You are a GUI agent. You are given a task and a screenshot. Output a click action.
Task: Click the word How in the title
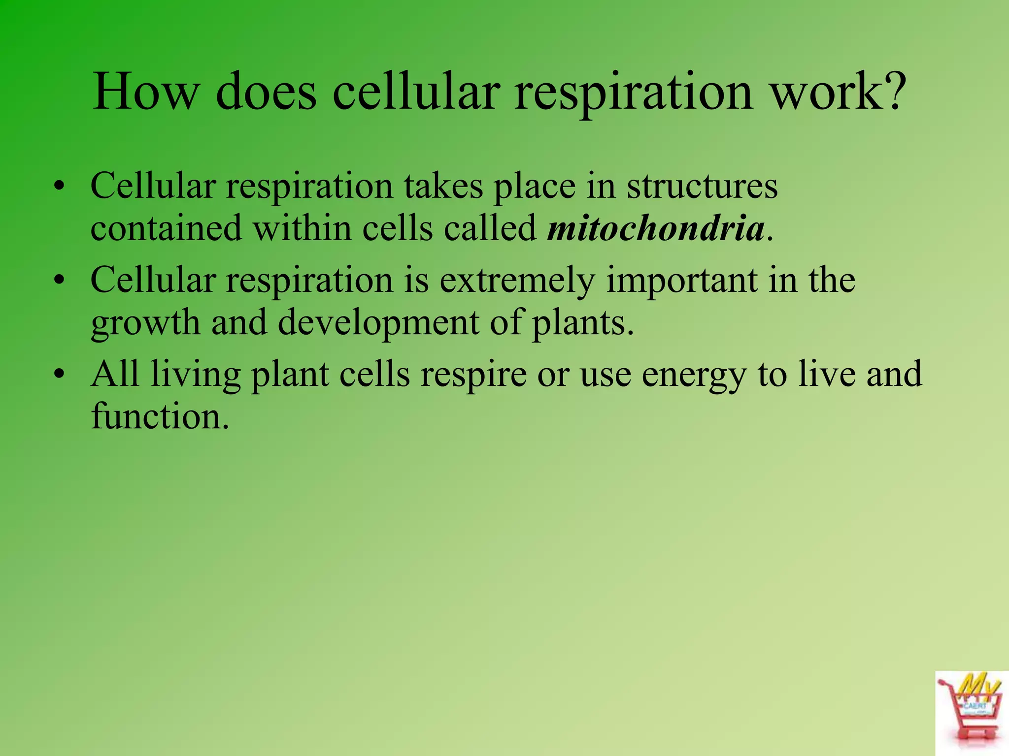(x=146, y=92)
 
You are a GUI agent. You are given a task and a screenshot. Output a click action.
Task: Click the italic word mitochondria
(x=656, y=229)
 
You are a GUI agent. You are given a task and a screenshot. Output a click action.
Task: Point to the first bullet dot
(x=60, y=188)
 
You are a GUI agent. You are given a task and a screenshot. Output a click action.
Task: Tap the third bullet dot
(x=60, y=375)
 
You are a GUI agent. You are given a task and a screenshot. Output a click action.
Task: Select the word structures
(x=702, y=186)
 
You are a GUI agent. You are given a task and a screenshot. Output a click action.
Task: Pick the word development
(x=378, y=323)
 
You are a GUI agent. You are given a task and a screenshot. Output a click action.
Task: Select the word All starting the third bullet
(x=115, y=374)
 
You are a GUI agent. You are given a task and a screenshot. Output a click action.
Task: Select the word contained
(x=166, y=229)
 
